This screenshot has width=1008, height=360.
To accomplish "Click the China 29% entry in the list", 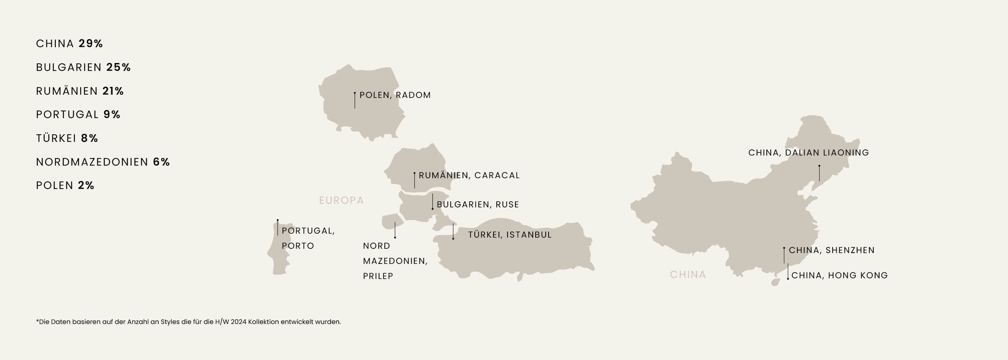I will [x=69, y=44].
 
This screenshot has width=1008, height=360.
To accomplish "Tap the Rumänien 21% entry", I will [x=80, y=91].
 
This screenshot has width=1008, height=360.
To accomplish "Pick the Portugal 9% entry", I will [x=78, y=114].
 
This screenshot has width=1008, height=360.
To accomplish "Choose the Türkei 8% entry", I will [x=67, y=138].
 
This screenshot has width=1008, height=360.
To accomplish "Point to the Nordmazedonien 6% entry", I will [x=103, y=162].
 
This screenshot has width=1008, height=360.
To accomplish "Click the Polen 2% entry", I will [x=65, y=185].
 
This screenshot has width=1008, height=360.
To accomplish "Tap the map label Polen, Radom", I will [x=395, y=95].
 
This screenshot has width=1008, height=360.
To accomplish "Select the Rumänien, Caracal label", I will [x=469, y=175].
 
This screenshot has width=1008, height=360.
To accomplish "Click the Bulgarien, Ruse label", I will [x=478, y=204].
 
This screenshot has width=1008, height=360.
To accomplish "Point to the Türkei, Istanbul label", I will [x=510, y=235].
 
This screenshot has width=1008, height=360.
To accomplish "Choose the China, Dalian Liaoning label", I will [x=809, y=153].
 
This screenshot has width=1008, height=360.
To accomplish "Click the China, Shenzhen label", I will [x=832, y=250].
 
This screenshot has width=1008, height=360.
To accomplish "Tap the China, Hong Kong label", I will [x=840, y=275].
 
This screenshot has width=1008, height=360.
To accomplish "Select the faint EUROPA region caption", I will [x=341, y=201].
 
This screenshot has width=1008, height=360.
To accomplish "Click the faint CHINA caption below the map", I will [x=688, y=275].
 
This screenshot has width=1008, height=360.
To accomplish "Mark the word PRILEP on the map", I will [x=378, y=276].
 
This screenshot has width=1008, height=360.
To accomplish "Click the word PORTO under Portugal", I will [x=298, y=246].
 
